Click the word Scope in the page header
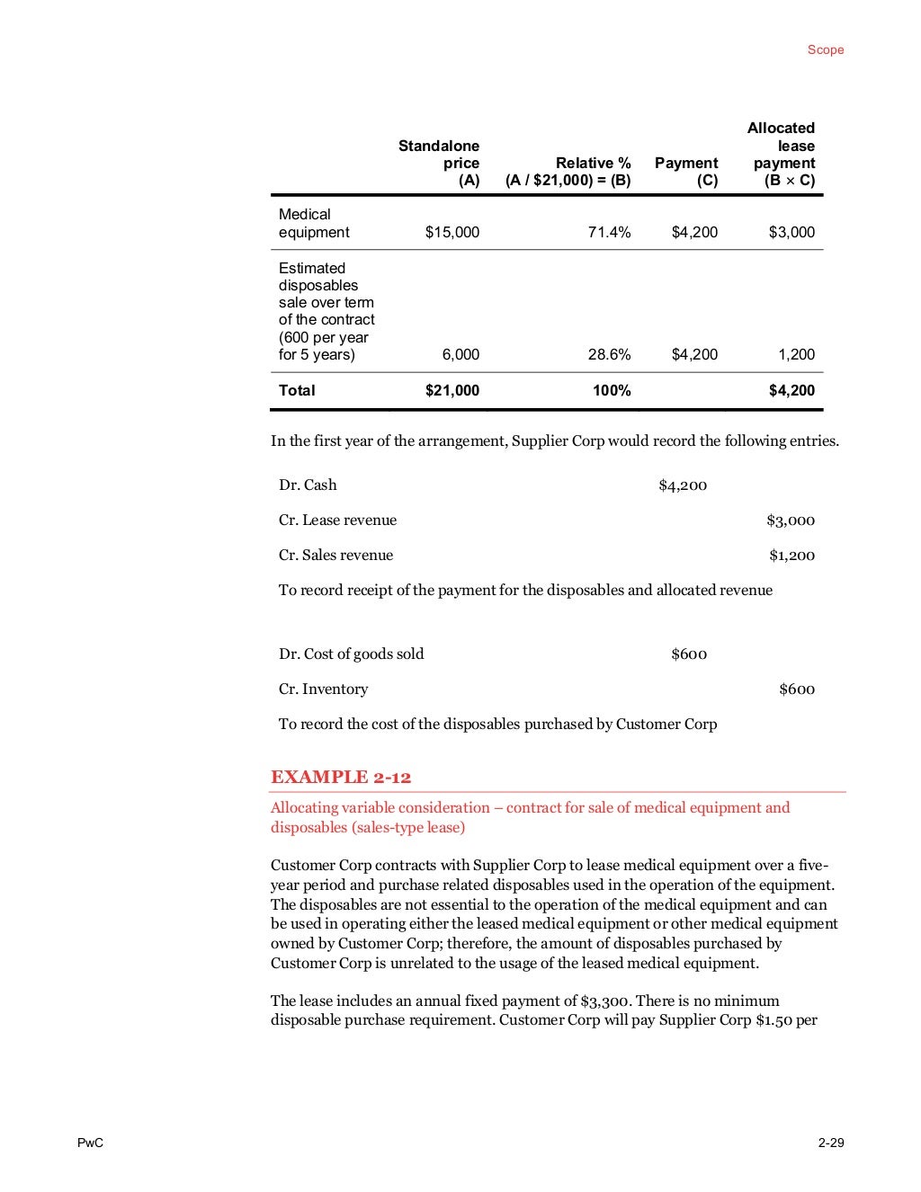(825, 50)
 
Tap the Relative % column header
(568, 172)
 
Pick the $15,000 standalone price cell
(452, 233)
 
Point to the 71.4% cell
(609, 233)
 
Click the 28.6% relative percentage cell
(609, 355)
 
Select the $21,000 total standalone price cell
(452, 391)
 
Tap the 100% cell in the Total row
(612, 391)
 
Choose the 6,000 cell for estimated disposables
(460, 355)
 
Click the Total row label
(297, 391)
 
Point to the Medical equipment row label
(314, 224)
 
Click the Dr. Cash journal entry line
(308, 485)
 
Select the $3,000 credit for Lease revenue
(791, 520)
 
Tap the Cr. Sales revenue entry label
(335, 556)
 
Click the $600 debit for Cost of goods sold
(689, 654)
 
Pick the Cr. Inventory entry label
(323, 689)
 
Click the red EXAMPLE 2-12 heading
(341, 778)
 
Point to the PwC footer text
(90, 1143)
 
